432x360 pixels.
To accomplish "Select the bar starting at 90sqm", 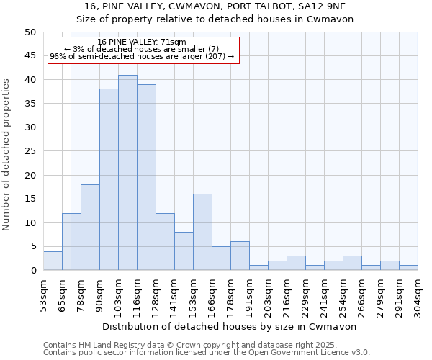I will pyautogui.click(x=109, y=180).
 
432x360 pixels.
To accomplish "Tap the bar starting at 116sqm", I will pyautogui.click(x=146, y=177).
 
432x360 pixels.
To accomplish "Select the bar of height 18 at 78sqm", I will pyautogui.click(x=90, y=228).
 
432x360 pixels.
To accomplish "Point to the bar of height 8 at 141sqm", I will pyautogui.click(x=184, y=251).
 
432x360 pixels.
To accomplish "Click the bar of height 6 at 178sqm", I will pyautogui.click(x=240, y=256).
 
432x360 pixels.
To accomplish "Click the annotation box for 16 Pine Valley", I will pyautogui.click(x=142, y=49).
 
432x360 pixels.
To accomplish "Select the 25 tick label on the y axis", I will pyautogui.click(x=30, y=151).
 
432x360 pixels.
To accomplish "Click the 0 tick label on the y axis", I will pyautogui.click(x=32, y=271).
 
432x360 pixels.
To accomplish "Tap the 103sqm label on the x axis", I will pyautogui.click(x=118, y=293).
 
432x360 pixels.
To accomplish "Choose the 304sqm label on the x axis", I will pyautogui.click(x=418, y=293).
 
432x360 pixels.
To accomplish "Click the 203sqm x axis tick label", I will pyautogui.click(x=268, y=293).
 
